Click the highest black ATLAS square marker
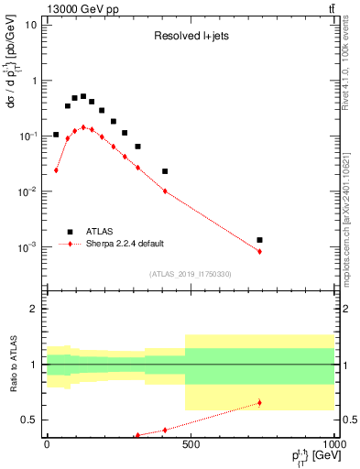click(83, 96)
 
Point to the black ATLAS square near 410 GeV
click(165, 171)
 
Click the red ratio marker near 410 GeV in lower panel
click(165, 430)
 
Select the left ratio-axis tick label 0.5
click(30, 420)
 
